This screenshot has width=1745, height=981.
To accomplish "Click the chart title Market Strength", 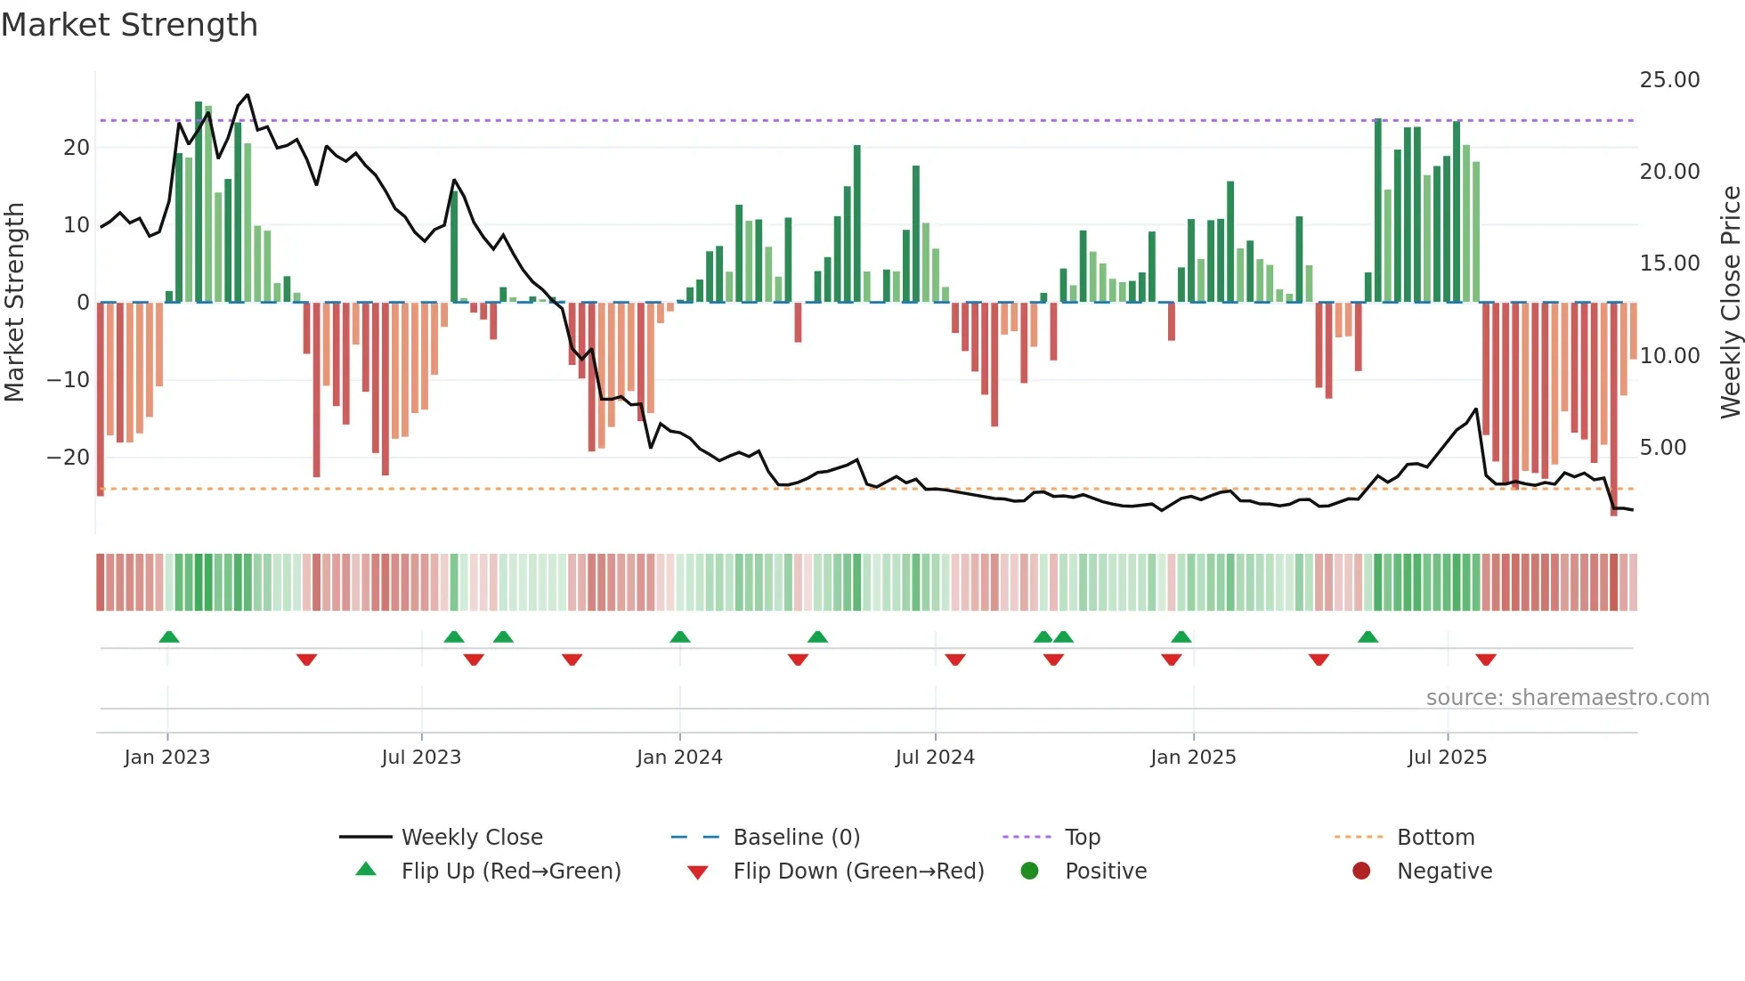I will [x=130, y=25].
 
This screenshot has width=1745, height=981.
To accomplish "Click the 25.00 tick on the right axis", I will [x=1669, y=80].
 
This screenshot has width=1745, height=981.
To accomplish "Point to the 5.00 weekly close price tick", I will [x=1663, y=448].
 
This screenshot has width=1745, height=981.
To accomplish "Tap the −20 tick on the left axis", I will [x=69, y=458].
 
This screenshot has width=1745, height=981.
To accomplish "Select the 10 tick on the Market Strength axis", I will [x=77, y=225].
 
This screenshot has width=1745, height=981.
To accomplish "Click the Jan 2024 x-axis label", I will [x=679, y=758].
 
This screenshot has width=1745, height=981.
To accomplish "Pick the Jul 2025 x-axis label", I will [x=1447, y=758].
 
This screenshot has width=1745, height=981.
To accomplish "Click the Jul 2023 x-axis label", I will [x=421, y=758].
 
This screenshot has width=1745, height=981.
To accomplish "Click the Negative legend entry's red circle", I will [x=1361, y=872].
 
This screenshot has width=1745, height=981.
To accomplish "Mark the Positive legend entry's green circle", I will [x=1030, y=872].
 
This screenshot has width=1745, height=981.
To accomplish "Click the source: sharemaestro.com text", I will [x=1567, y=698].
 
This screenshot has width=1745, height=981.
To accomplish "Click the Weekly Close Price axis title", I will [x=1730, y=303].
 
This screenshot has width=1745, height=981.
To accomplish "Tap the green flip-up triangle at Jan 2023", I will [x=169, y=636].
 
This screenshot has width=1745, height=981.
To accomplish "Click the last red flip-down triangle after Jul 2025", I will [x=1485, y=660].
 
